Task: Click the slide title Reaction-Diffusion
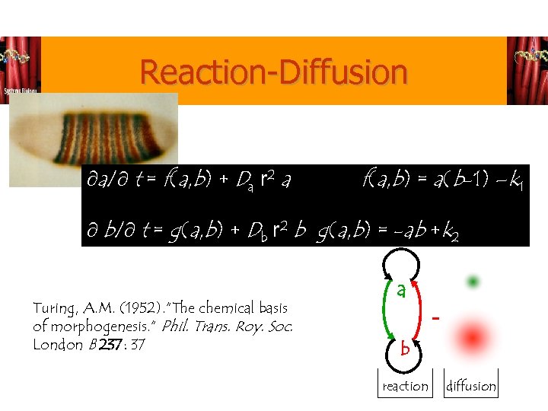pos(273,72)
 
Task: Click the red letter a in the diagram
pos(400,290)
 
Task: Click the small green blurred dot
pos(473,282)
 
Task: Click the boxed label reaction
pos(405,386)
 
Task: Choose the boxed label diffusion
pos(470,386)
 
